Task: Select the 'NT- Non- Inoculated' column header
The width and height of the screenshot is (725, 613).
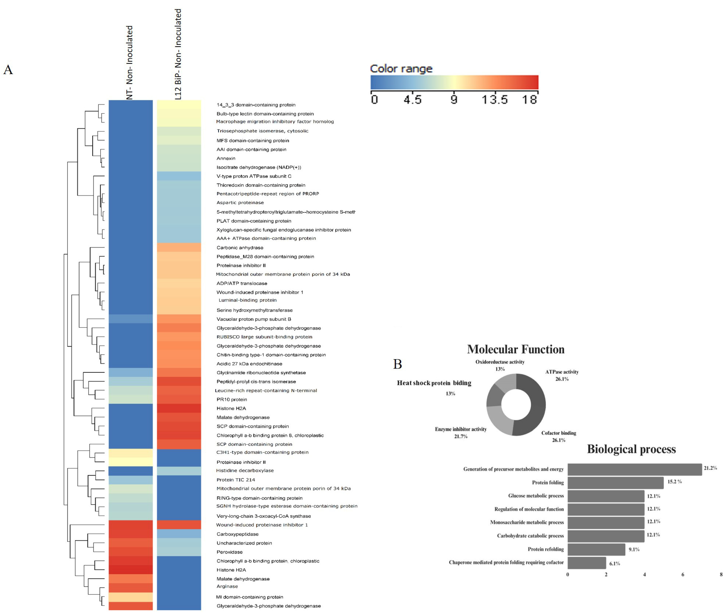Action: tap(130, 63)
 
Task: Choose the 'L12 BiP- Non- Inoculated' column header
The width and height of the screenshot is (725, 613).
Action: tap(178, 54)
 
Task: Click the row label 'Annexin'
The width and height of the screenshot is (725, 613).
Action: tap(226, 158)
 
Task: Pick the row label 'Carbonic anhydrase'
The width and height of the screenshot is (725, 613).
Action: tap(240, 248)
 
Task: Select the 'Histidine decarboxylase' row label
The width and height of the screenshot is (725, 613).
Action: tap(245, 471)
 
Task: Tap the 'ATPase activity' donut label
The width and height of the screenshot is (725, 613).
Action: tap(562, 372)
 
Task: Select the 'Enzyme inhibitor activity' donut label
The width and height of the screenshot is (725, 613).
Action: tap(461, 430)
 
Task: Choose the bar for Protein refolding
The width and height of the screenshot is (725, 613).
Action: tap(596, 549)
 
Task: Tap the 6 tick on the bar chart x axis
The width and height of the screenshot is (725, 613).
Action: tap(683, 574)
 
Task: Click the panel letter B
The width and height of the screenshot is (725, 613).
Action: tap(398, 364)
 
